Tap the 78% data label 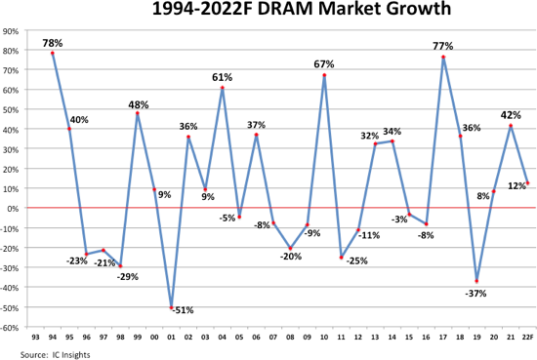pyautogui.click(x=52, y=43)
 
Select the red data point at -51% pyautogui.click(x=172, y=308)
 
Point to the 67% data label pyautogui.click(x=324, y=64)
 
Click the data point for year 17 pyautogui.click(x=443, y=57)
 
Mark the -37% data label pyautogui.click(x=475, y=294)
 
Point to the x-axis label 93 pyautogui.click(x=35, y=337)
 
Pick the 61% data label pyautogui.click(x=222, y=76)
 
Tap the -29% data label pyautogui.click(x=128, y=276)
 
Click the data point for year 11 pyautogui.click(x=341, y=258)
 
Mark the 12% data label pyautogui.click(x=516, y=185)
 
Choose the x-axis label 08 pyautogui.click(x=289, y=337)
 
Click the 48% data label pyautogui.click(x=138, y=102)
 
